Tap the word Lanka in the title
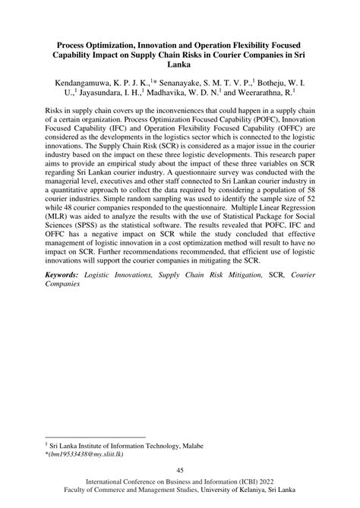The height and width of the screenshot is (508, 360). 180,66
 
